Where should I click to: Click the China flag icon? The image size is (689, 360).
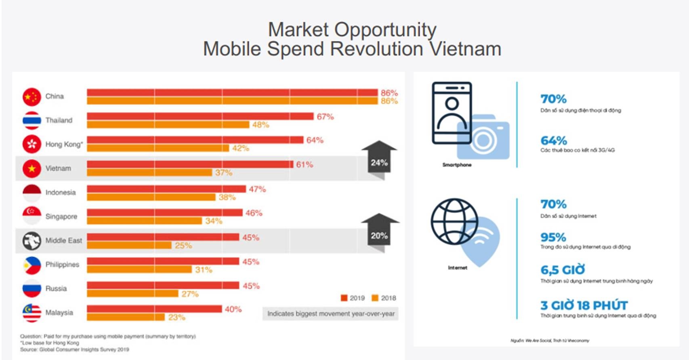(x=32, y=97)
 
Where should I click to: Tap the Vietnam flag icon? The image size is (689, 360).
(x=32, y=169)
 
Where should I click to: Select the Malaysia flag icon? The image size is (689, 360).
(x=32, y=313)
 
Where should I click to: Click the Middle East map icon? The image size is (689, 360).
(x=32, y=241)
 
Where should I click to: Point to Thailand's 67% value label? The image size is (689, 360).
(x=325, y=117)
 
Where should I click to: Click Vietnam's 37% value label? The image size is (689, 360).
(x=223, y=173)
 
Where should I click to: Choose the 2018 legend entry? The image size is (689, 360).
(x=384, y=298)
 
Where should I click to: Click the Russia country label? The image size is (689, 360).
(x=56, y=289)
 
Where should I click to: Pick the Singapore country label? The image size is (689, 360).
(x=61, y=217)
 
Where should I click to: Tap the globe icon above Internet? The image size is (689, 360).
(x=454, y=222)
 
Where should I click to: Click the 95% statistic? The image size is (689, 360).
(x=553, y=237)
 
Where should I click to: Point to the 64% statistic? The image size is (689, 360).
(x=554, y=140)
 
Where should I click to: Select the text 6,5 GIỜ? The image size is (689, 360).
(x=563, y=270)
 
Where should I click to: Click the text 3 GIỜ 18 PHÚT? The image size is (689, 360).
(x=584, y=305)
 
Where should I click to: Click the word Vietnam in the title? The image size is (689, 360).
(x=465, y=49)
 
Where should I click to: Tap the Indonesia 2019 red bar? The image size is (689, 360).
(x=166, y=189)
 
